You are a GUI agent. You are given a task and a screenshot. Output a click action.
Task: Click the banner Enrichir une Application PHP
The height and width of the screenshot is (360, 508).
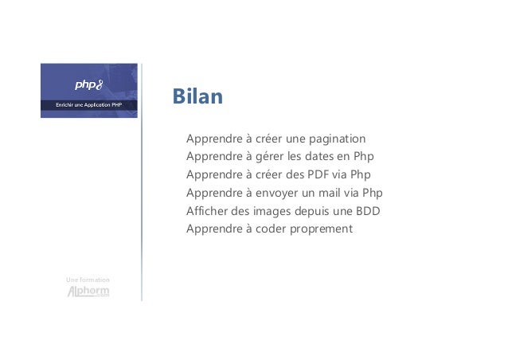[x=88, y=104]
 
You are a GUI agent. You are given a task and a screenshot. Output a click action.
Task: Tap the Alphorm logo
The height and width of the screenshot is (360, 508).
[x=88, y=292]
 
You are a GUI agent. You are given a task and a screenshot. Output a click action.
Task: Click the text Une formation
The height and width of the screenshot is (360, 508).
[x=88, y=280]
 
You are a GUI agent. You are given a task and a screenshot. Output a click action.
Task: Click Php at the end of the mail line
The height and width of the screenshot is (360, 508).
[x=371, y=194]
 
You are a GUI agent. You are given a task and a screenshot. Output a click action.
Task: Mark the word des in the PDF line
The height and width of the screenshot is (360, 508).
[x=297, y=175]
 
